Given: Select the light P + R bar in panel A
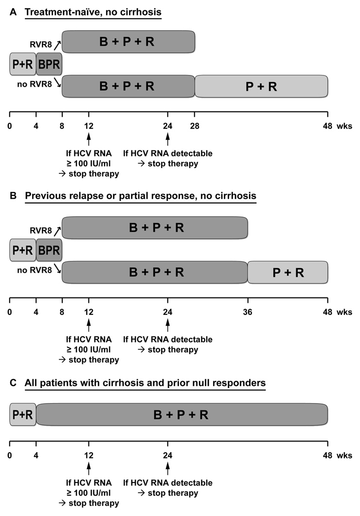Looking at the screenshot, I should (x=261, y=86).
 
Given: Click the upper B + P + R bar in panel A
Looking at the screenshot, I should (x=128, y=41).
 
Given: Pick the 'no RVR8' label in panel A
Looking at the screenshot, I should (x=35, y=84).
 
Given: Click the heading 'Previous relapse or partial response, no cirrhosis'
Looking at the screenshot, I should (x=141, y=197).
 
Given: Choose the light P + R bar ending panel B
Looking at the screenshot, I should (x=288, y=272).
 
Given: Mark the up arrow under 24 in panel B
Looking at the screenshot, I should (x=168, y=325).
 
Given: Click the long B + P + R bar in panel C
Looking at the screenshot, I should (x=182, y=415).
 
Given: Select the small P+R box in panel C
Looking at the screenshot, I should (x=23, y=415).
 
